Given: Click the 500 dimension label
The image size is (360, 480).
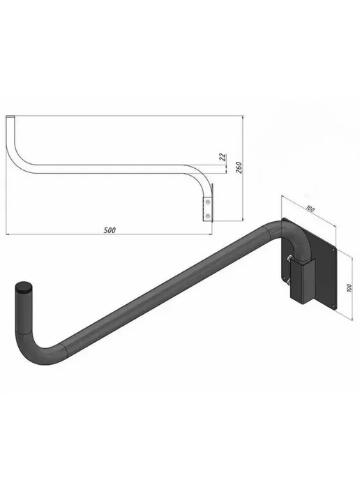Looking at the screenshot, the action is click(110, 230).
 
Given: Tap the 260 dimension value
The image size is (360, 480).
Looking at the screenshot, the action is click(239, 167).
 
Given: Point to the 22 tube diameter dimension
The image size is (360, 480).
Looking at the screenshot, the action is click(223, 157).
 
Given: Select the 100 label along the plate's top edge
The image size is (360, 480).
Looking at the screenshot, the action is click(310, 209).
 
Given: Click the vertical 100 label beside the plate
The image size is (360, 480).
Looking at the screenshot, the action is click(350, 287).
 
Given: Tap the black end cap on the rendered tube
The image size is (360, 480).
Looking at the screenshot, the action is click(24, 287).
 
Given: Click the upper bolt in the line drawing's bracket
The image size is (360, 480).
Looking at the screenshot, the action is click(208, 202).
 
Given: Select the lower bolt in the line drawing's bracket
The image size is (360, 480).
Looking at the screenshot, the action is click(208, 216).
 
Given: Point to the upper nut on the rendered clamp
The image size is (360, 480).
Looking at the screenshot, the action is click(289, 259).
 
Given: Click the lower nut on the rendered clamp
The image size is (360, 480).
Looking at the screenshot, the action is click(288, 280).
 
